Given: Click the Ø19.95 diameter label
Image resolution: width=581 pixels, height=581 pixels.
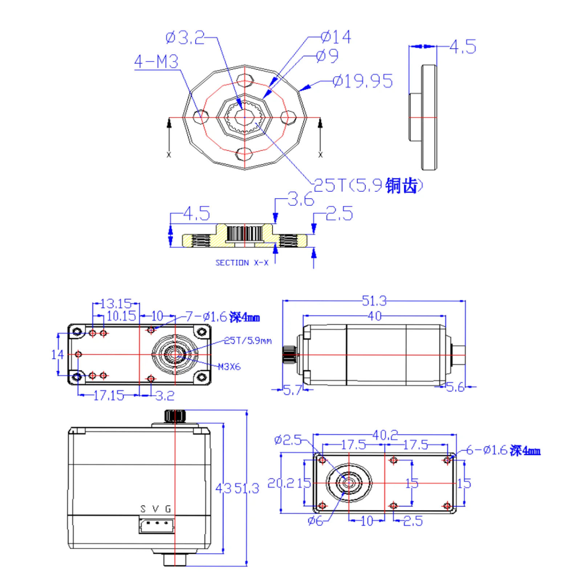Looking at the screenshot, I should [x=362, y=81].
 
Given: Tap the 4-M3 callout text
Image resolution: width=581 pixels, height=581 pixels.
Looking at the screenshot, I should [x=156, y=62].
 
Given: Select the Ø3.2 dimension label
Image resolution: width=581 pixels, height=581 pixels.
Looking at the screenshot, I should [x=185, y=38].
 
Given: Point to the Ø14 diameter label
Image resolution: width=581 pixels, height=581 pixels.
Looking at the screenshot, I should [x=336, y=37].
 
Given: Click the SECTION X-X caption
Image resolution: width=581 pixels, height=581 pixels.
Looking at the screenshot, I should [x=242, y=263].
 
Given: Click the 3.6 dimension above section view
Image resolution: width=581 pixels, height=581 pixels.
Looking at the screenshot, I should [x=301, y=199].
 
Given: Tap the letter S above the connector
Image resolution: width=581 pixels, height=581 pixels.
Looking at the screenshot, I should [x=143, y=509].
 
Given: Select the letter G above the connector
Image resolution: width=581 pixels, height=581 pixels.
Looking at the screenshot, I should [x=168, y=509].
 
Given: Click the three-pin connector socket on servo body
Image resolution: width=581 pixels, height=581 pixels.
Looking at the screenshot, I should [x=157, y=525].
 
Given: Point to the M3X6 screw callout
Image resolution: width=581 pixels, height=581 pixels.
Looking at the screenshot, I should [x=229, y=367].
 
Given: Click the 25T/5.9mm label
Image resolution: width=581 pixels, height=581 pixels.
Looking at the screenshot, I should [x=248, y=341].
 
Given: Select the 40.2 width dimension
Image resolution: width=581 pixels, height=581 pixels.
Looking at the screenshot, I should [x=385, y=435].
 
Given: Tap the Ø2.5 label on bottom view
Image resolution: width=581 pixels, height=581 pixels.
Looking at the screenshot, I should [x=288, y=440].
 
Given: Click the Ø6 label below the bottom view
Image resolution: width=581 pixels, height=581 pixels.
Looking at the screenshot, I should [x=315, y=521].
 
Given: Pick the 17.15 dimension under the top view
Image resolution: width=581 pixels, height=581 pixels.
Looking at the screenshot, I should [x=109, y=395].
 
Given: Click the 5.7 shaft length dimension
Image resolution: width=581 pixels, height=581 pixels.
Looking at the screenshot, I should [x=292, y=390].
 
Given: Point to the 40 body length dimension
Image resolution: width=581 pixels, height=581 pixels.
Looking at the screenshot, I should [x=375, y=316].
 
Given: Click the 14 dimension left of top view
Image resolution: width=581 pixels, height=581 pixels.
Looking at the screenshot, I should [x=57, y=354].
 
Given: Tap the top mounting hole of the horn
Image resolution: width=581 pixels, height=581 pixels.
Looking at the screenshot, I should [x=245, y=80].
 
